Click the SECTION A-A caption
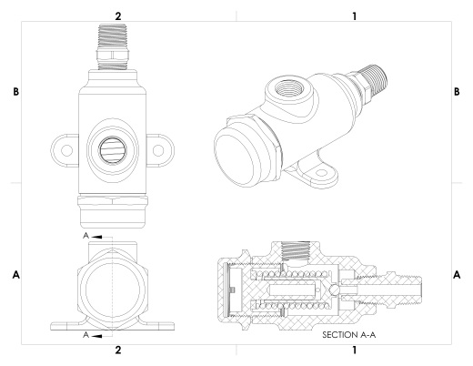[348, 335]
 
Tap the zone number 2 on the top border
[118, 16]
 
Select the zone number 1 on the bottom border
[355, 350]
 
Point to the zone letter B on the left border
[15, 92]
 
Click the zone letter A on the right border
[457, 275]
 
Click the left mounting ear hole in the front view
[66, 150]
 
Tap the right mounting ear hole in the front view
[158, 150]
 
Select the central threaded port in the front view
[113, 150]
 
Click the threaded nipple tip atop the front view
[113, 36]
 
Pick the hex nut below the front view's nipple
[113, 55]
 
